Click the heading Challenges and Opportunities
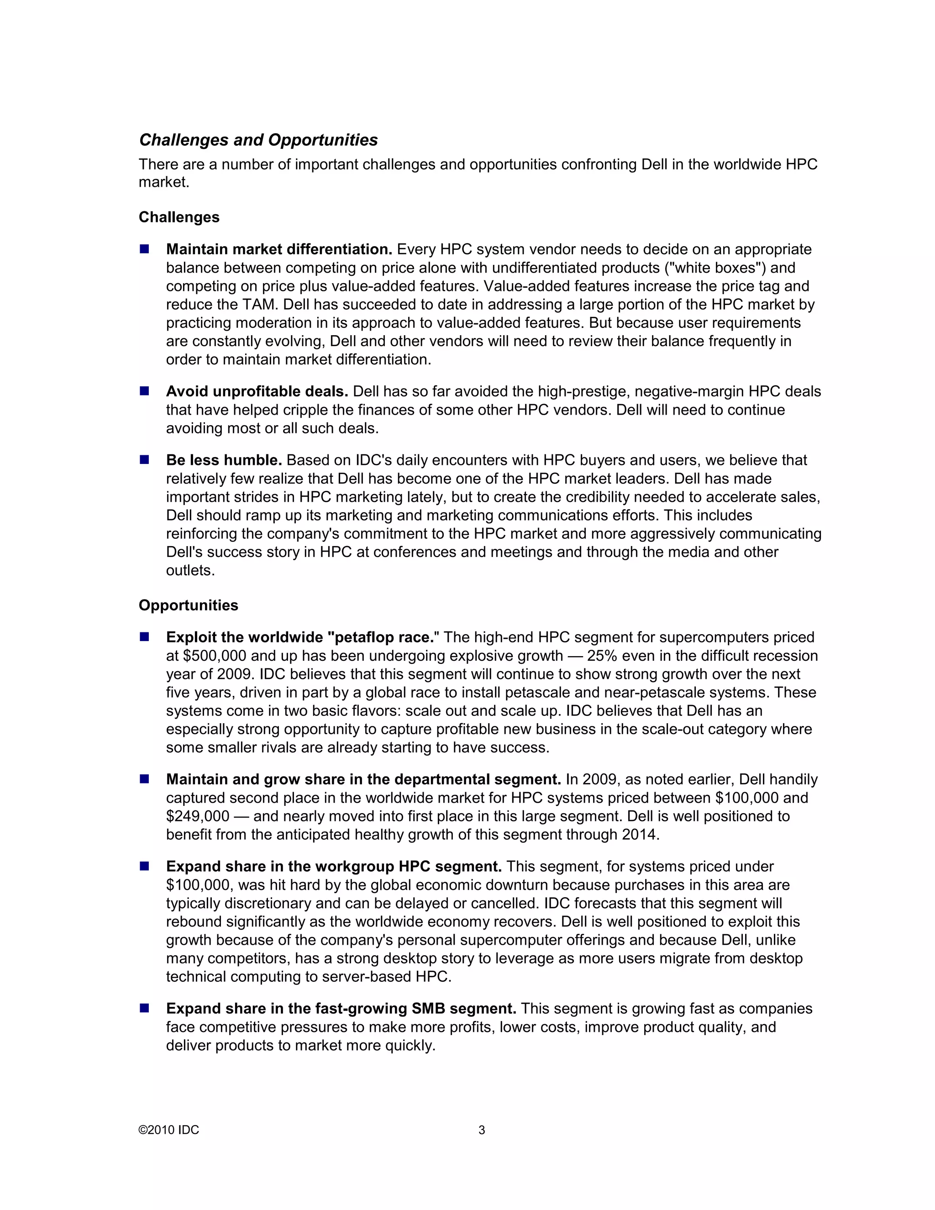258,140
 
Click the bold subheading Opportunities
189,605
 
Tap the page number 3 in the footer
481,1130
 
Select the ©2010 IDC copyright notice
169,1130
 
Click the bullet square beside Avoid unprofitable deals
145,391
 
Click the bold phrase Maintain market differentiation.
279,249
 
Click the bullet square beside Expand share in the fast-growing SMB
145,1008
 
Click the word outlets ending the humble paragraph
189,570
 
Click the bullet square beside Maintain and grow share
145,779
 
